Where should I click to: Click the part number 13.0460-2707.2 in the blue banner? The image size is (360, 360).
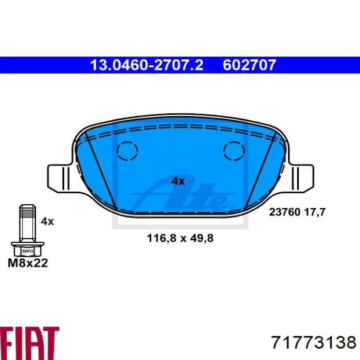147,65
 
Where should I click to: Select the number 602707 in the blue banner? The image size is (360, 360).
249,65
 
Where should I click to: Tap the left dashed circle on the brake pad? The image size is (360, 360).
127,151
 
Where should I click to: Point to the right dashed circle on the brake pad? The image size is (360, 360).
233,151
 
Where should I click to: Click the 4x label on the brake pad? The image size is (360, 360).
178,182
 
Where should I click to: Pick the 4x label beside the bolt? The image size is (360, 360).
47,221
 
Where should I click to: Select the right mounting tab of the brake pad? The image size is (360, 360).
300,178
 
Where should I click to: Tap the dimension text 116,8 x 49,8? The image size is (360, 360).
180,238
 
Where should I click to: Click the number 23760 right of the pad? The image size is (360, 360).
284,212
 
